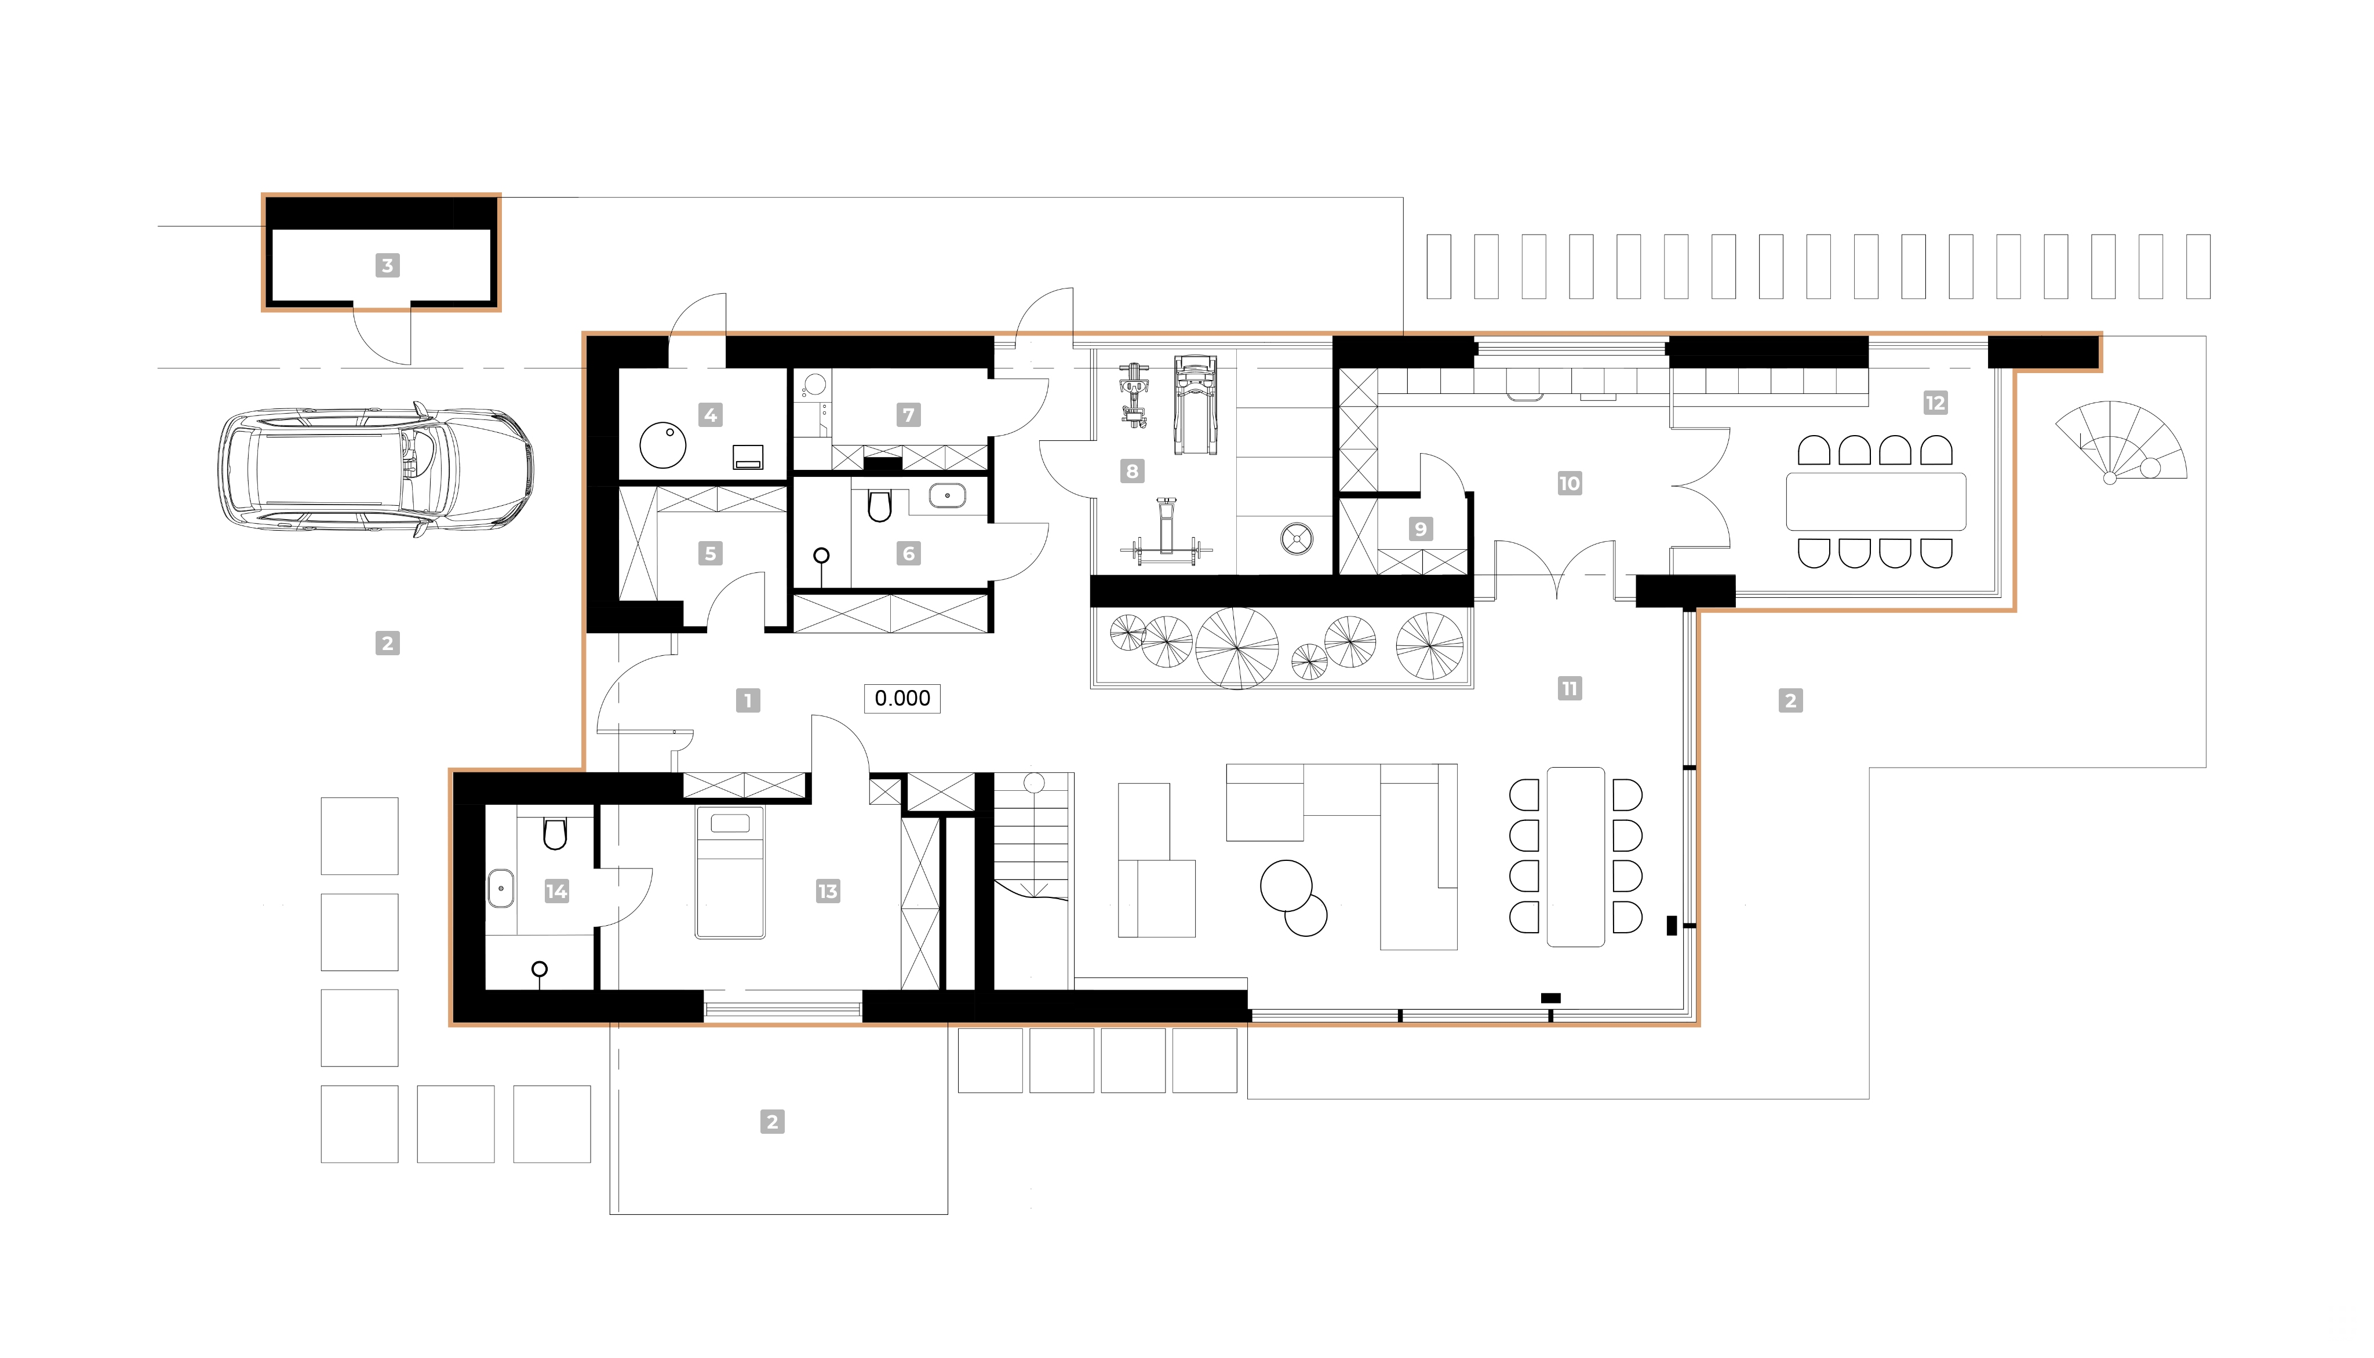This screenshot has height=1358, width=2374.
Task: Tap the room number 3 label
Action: pyautogui.click(x=387, y=266)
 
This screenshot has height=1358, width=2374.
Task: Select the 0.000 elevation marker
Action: pyautogui.click(x=902, y=699)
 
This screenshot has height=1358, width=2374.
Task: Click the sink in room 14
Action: pyautogui.click(x=501, y=889)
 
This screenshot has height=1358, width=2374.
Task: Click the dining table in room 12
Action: pyautogui.click(x=1876, y=502)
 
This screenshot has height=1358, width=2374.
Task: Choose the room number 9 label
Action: pyautogui.click(x=1420, y=529)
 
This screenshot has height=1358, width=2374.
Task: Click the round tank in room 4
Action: pyautogui.click(x=662, y=445)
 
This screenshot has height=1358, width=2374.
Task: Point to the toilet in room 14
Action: pyautogui.click(x=555, y=833)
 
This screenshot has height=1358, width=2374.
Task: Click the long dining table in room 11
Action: pyautogui.click(x=1575, y=856)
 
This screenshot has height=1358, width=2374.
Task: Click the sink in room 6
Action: pyautogui.click(x=947, y=495)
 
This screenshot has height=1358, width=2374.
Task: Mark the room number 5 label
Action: pyautogui.click(x=710, y=554)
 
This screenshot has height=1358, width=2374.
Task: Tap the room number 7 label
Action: pyautogui.click(x=909, y=414)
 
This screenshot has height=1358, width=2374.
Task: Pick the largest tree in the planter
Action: pyautogui.click(x=1237, y=647)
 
